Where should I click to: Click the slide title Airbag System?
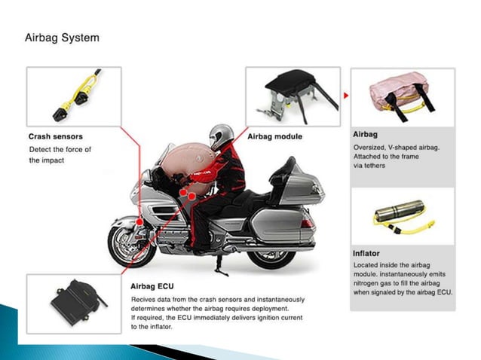[62, 37]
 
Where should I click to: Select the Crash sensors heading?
[55, 137]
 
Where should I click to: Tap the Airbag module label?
[274, 136]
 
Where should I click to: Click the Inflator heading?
[366, 253]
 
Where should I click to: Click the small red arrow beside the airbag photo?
[345, 96]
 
